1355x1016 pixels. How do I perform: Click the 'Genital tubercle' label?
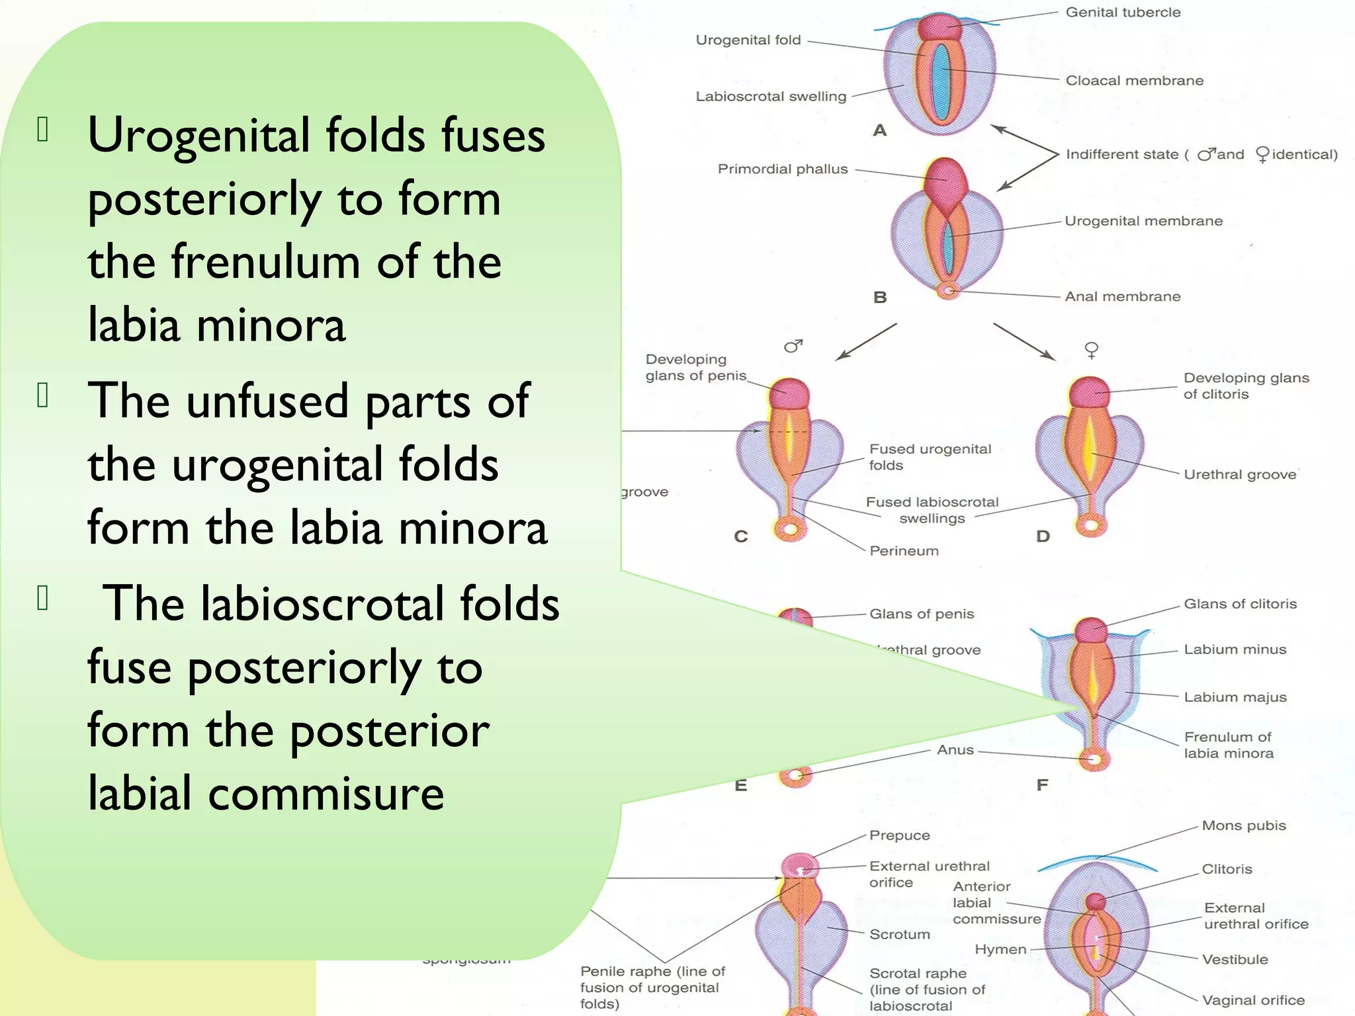tap(1123, 13)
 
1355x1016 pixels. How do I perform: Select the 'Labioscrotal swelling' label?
tap(771, 97)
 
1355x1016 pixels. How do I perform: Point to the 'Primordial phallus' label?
tap(783, 169)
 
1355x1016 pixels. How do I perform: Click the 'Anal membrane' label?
tap(1122, 297)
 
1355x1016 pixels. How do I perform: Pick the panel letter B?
tap(880, 298)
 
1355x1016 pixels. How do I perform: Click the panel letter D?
tap(1043, 536)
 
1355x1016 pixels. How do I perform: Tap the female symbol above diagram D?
tap(1092, 349)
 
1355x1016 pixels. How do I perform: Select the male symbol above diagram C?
tap(793, 346)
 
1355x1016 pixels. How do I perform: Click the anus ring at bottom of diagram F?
tap(1094, 759)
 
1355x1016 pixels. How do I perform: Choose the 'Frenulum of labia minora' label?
tap(1228, 745)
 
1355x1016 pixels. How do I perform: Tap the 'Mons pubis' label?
tap(1244, 825)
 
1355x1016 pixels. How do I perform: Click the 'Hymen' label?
tap(1000, 950)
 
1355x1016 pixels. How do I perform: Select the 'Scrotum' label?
tap(899, 935)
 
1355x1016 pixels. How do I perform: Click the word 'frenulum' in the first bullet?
tap(265, 262)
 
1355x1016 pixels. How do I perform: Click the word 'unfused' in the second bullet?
tap(267, 401)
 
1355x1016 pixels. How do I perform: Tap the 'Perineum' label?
tap(904, 551)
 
